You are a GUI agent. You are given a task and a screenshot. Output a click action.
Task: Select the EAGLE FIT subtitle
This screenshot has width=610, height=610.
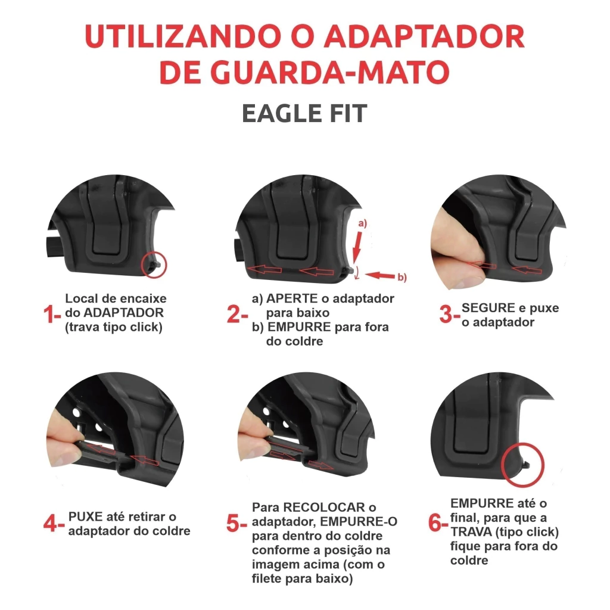(304, 114)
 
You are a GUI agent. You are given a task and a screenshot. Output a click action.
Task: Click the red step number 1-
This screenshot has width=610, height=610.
(52, 315)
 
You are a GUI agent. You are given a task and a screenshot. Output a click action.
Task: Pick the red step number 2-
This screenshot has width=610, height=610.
(237, 315)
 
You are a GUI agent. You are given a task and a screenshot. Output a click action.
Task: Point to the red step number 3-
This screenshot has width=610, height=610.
(449, 315)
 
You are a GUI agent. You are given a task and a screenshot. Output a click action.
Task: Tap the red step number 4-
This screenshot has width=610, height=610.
(54, 524)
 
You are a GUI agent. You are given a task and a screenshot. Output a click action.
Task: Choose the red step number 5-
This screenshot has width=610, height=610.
(236, 524)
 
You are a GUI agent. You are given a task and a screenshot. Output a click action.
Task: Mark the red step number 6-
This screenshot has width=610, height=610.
(438, 523)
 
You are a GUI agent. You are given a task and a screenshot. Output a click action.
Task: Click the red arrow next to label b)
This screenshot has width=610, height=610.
(380, 275)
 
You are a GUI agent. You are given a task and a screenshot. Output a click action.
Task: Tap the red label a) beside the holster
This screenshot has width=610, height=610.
(362, 223)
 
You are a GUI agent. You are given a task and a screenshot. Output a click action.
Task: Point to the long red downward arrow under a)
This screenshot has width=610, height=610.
(357, 248)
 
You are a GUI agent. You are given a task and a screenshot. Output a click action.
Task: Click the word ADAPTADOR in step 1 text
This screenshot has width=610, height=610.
(124, 313)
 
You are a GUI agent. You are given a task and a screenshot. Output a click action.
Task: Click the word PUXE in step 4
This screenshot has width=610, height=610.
(87, 516)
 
